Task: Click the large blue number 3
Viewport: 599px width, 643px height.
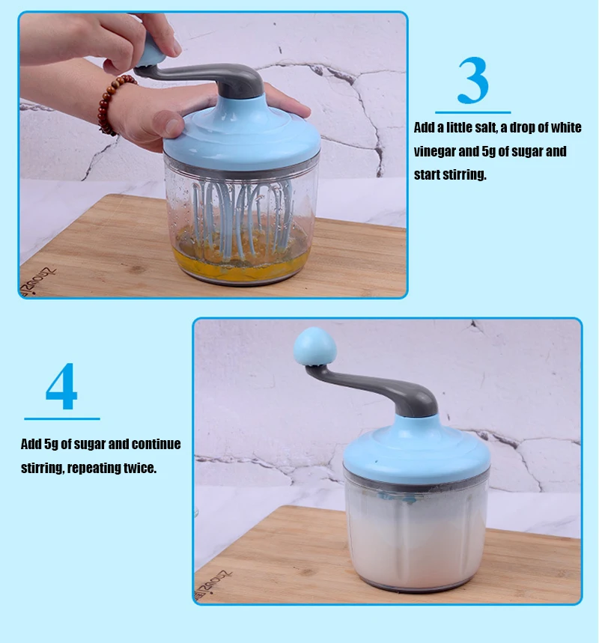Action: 473,80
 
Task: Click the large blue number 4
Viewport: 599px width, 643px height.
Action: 61,386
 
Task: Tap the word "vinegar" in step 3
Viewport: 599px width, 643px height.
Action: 434,151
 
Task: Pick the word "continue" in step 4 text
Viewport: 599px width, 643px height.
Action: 156,444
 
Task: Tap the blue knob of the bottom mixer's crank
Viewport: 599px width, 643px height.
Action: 314,345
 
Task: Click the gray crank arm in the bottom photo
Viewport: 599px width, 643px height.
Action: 377,388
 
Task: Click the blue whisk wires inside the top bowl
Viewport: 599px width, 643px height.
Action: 243,217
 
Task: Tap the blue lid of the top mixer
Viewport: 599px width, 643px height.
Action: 242,131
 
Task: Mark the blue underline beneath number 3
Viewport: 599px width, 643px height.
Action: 473,112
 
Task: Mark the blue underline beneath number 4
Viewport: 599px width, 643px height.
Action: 62,418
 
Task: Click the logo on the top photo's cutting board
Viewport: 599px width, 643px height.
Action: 37,280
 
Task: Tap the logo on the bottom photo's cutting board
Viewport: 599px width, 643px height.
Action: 213,585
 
